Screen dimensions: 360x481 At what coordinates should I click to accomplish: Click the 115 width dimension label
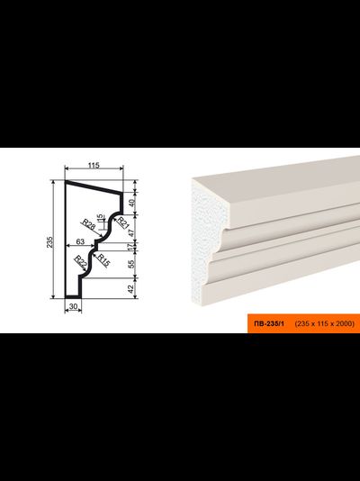coord(94,166)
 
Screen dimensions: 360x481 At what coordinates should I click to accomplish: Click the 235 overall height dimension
coord(49,242)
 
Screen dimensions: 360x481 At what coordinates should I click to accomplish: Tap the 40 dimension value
coord(132,203)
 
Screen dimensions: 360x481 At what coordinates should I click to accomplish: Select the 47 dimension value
coord(132,232)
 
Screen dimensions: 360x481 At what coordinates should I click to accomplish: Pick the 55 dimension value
coord(132,264)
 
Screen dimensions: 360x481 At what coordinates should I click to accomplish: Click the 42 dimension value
coord(132,288)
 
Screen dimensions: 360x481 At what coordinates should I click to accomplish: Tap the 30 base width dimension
coord(73,306)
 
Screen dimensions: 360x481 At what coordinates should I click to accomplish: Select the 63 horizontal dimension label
coord(80,241)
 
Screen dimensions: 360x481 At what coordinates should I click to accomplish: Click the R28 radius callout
coord(88,225)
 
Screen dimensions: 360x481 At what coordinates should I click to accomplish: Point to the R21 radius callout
coord(123,222)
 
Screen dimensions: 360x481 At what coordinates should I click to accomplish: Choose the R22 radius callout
coord(81,261)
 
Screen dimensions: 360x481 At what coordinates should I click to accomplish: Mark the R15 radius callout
coord(103,260)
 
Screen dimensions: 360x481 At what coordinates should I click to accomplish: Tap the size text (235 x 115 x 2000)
coord(325,323)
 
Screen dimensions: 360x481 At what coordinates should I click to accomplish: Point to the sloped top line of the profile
coord(94,187)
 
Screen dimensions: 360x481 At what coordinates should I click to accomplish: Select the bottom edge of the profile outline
coord(73,297)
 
